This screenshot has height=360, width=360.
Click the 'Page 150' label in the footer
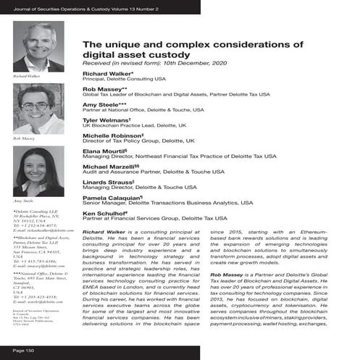pos(24,350)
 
